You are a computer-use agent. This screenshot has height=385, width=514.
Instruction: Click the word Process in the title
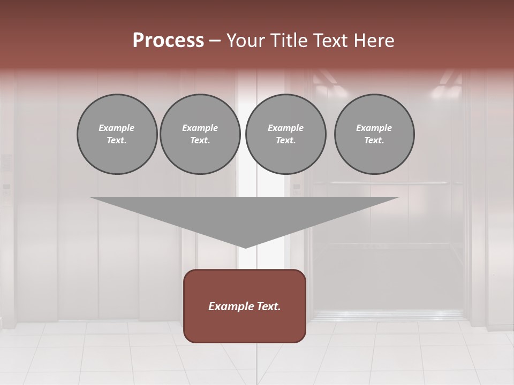click(x=168, y=41)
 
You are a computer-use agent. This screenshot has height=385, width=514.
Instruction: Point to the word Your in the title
click(x=244, y=41)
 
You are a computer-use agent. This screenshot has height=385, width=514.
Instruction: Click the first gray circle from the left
click(x=117, y=134)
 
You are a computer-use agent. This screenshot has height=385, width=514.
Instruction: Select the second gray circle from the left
click(x=200, y=134)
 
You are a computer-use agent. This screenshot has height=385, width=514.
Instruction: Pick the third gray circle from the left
click(x=285, y=134)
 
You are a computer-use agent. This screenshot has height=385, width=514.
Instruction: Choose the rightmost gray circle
click(x=374, y=134)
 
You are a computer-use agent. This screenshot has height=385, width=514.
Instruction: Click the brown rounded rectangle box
click(x=245, y=321)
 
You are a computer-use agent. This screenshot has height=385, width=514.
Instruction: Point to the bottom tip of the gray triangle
click(x=245, y=247)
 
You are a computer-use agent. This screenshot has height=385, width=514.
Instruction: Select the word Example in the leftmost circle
click(x=117, y=128)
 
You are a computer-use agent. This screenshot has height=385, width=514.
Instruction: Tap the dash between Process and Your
click(x=215, y=41)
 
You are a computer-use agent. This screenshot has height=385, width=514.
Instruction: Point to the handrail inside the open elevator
click(x=388, y=183)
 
